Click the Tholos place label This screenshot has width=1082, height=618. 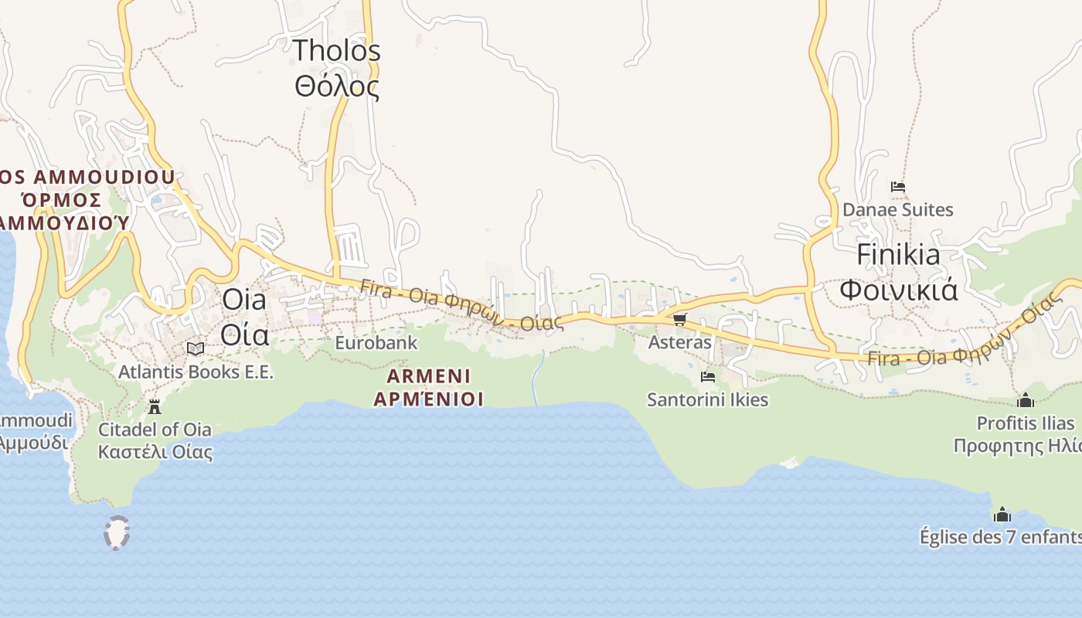pos(336,51)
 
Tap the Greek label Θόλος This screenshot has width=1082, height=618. pos(336,86)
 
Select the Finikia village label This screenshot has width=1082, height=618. pos(898,255)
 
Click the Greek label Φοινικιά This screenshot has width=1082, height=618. pos(898,290)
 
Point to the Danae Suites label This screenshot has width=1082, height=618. pos(897,209)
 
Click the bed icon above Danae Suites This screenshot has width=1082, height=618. pos(897,187)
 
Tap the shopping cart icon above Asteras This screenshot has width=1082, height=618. pos(679,319)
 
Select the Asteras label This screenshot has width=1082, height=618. pos(679,341)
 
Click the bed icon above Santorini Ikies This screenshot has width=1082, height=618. pos(707,377)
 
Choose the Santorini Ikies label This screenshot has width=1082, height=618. pos(707,399)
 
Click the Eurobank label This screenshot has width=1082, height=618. pos(376,342)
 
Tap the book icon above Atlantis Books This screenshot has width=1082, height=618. pos(196,349)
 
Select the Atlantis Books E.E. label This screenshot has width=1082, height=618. pos(196,372)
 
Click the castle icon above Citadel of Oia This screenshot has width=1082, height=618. pos(155,406)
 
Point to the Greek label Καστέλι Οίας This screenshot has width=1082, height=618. pos(155,451)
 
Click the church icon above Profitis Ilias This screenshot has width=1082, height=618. pos(1026,400)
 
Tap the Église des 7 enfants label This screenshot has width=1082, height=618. pos(1000,537)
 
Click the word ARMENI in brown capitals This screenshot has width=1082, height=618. pos(429,376)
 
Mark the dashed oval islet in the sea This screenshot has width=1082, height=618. pos(117,532)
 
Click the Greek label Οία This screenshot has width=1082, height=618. pos(244,334)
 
